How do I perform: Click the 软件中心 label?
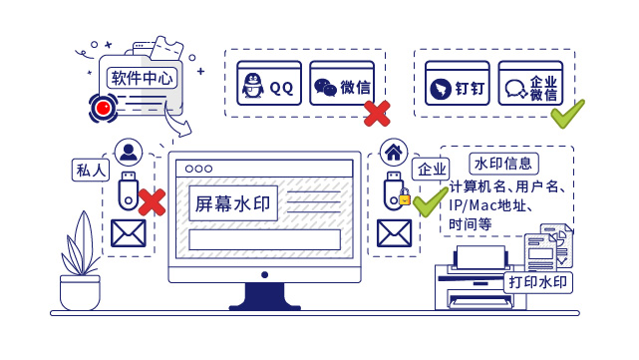(x=143, y=77)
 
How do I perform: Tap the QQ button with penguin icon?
(x=268, y=86)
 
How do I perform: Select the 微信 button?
(x=338, y=86)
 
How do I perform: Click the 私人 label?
(x=91, y=169)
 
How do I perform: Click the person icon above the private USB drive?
(x=129, y=153)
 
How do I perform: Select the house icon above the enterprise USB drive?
(x=394, y=153)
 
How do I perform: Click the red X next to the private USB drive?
(x=151, y=202)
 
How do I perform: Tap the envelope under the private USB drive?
(x=129, y=233)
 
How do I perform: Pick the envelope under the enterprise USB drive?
(x=394, y=233)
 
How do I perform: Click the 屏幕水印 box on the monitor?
(x=230, y=203)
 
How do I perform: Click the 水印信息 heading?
(x=506, y=163)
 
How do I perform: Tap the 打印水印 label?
(x=539, y=282)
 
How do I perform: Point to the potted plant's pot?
(x=80, y=292)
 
